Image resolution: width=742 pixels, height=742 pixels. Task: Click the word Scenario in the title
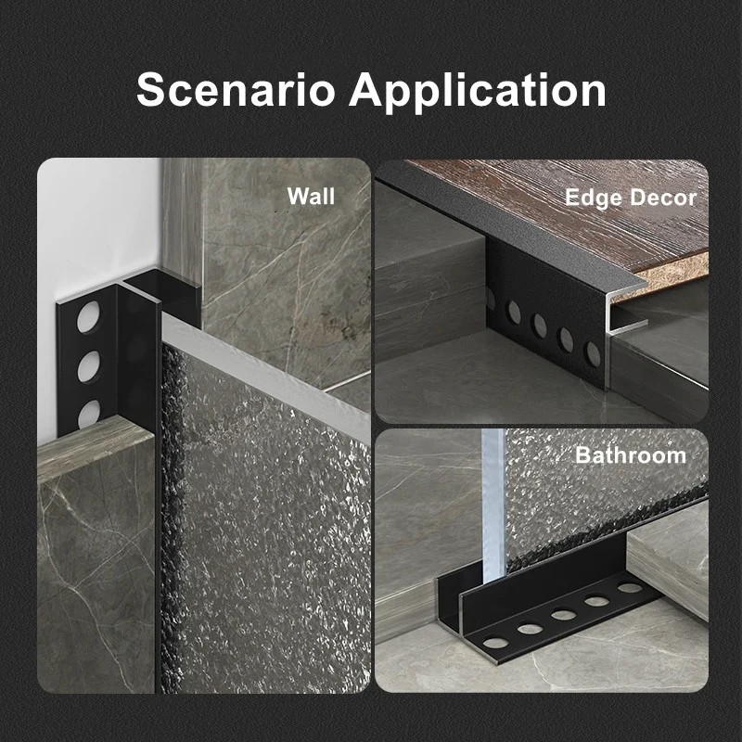[x=236, y=89]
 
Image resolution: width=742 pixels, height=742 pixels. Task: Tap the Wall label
[x=311, y=196]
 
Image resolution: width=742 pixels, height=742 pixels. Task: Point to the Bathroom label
[x=631, y=455]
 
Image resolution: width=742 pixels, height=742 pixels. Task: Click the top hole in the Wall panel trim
[x=88, y=316]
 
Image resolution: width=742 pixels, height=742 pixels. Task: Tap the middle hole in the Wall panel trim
[x=89, y=366]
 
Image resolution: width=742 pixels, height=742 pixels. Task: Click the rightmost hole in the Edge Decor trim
[x=593, y=353]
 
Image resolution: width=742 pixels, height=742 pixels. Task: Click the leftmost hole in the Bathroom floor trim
[x=495, y=643]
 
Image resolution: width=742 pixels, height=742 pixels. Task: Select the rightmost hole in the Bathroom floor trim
[x=631, y=587]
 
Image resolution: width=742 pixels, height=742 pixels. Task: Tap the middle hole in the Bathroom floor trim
[x=564, y=615]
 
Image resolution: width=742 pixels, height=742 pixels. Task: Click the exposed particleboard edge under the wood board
[x=672, y=278]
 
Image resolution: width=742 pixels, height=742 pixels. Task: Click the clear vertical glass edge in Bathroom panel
[x=493, y=502]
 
